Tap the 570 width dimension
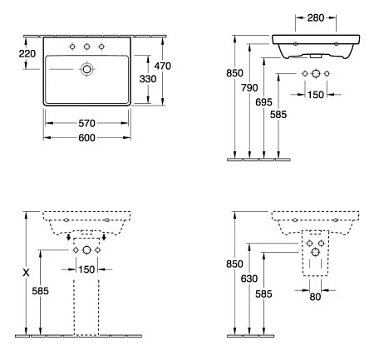(x=86, y=122)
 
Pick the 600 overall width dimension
(x=86, y=138)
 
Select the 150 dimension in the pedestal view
(x=86, y=268)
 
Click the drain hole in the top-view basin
(x=86, y=72)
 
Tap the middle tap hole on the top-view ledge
(x=86, y=46)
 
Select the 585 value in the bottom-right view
(x=265, y=294)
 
